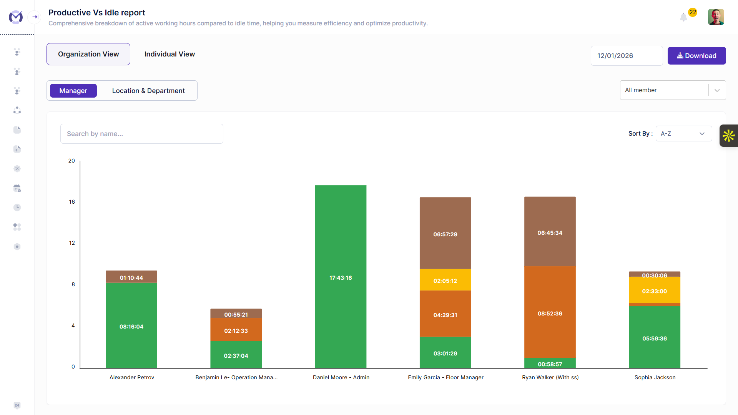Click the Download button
pos(696,56)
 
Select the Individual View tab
pos(170,54)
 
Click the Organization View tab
pos(88,54)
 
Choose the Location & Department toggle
pos(148,91)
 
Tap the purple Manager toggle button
pos(73,91)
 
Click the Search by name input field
pos(141,134)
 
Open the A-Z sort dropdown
pos(683,134)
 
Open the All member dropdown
pos(672,90)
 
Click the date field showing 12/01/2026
pos(626,56)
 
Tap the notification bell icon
pos(683,17)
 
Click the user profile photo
pos(716,17)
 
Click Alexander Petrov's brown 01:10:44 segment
pos(131,277)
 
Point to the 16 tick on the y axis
pos(72,202)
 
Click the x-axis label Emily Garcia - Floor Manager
pos(445,377)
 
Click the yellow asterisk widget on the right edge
pos(728,136)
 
